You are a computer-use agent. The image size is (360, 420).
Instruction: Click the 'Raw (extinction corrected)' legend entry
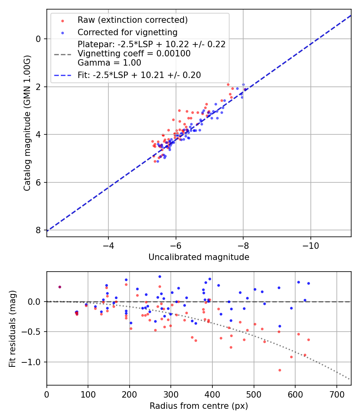[132, 20]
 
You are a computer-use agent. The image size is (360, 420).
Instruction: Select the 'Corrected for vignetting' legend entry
[128, 32]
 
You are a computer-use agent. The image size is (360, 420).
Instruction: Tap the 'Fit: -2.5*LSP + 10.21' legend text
[139, 75]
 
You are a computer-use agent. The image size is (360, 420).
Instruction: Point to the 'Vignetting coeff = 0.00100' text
[134, 54]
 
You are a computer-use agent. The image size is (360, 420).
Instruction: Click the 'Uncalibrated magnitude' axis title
[199, 257]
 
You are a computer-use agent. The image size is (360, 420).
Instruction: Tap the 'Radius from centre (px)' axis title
[199, 406]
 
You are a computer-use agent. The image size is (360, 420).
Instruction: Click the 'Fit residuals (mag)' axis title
[12, 328]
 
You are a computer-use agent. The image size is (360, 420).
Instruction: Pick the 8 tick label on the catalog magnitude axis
[38, 230]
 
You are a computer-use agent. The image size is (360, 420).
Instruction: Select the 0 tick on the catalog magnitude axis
[38, 39]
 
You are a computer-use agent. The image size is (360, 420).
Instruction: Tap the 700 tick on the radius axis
[336, 394]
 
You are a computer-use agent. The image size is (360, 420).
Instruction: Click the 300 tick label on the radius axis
[171, 394]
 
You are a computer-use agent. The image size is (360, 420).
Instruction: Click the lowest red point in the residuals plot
[280, 370]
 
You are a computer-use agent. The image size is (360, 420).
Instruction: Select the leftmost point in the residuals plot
[60, 287]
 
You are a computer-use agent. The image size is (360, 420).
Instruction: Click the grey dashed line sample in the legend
[62, 54]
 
